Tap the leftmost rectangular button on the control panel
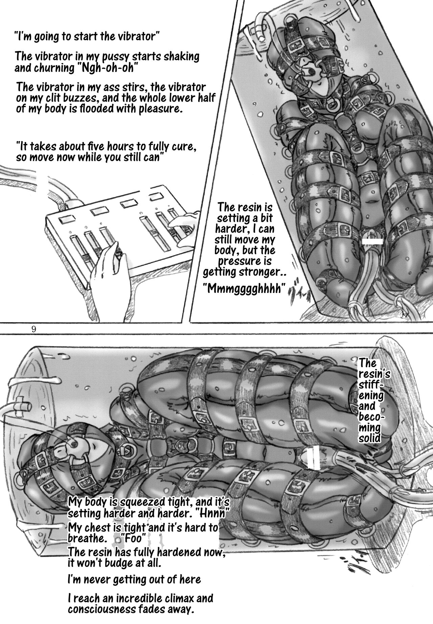point(65,220)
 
